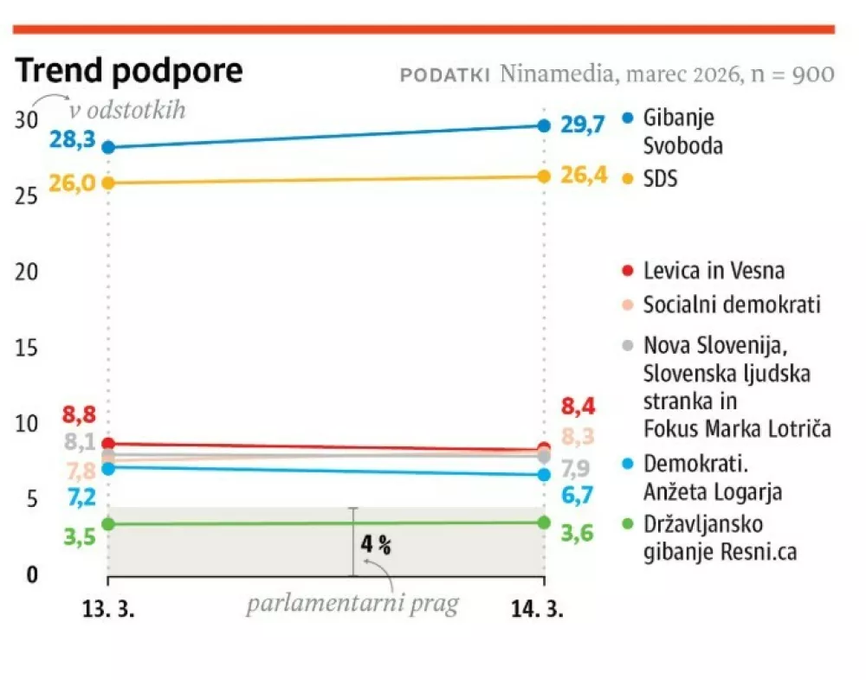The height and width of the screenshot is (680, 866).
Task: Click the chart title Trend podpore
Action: pos(129,72)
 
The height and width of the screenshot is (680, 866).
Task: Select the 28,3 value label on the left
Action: pos(73,139)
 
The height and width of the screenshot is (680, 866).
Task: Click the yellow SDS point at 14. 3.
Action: pos(544,176)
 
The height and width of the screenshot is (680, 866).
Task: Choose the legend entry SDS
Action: pos(660,178)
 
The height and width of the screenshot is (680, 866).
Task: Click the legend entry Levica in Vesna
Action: pos(713,271)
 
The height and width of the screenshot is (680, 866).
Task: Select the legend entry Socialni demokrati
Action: pos(731,305)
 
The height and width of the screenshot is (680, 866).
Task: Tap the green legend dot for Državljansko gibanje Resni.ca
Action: pos(629,524)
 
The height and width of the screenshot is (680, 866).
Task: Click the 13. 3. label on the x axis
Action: pos(108,609)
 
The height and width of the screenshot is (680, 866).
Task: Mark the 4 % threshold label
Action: pos(376,545)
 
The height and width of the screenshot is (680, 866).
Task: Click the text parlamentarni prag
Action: pos(352,605)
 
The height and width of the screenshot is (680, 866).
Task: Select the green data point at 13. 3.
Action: pos(108,524)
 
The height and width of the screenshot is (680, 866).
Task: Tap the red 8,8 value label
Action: pos(79,414)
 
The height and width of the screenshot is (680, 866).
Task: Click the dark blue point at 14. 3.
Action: pos(544,125)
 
